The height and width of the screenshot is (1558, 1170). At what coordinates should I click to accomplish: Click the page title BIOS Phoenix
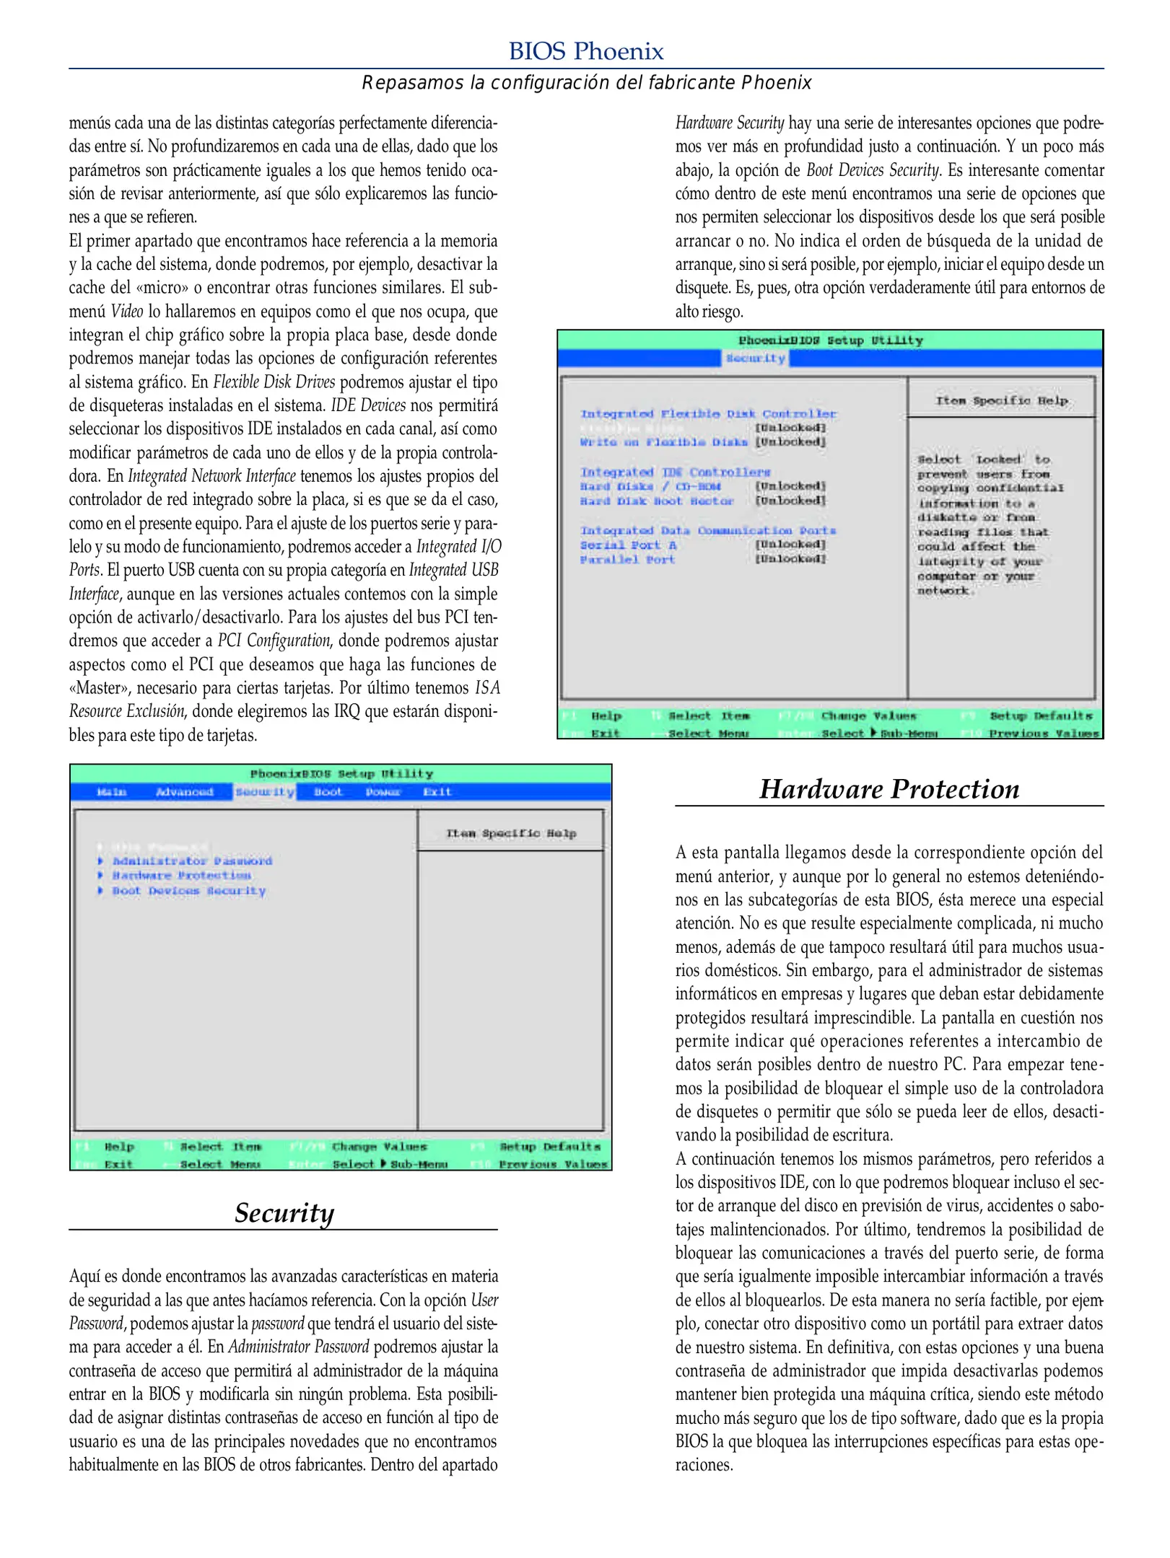585,51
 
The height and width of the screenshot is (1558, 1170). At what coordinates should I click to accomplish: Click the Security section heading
284,1212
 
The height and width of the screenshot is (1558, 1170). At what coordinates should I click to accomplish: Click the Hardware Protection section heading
889,788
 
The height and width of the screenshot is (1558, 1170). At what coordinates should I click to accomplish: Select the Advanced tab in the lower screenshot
185,792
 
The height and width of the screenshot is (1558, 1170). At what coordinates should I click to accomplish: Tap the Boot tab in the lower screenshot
328,792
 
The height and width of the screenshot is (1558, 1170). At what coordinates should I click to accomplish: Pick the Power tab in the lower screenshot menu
383,792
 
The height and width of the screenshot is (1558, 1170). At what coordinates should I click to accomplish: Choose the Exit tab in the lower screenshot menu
437,792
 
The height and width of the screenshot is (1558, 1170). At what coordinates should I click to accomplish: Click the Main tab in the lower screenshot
112,792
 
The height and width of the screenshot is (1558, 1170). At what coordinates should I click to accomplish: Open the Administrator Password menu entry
192,861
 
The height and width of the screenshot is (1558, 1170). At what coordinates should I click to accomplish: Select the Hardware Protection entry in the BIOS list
181,876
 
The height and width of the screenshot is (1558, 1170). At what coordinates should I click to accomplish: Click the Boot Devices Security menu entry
188,891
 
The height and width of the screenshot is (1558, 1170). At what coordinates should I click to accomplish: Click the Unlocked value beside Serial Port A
790,545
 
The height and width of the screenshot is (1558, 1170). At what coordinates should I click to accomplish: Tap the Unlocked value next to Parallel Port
790,559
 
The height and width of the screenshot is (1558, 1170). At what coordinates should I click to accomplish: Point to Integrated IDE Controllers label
675,472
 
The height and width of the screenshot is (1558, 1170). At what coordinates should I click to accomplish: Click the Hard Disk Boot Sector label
656,501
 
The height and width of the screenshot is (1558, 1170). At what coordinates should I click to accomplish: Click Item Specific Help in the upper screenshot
1001,400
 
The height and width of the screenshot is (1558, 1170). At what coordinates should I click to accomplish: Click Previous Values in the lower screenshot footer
553,1164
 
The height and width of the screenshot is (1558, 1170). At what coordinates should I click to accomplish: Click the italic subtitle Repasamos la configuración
586,83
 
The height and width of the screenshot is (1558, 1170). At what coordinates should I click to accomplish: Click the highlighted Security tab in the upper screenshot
755,358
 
